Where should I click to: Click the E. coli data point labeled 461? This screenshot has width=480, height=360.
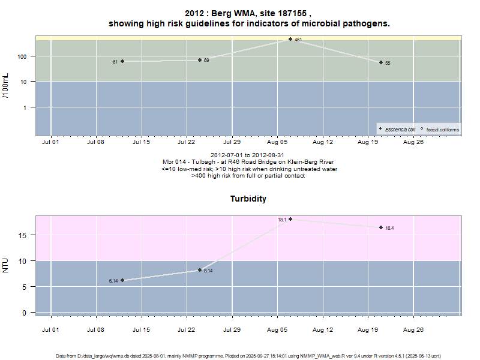click(x=290, y=39)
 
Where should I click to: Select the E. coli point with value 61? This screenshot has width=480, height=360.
click(x=122, y=61)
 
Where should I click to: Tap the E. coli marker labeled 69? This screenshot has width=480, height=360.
click(x=200, y=60)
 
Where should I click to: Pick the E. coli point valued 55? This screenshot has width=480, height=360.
click(x=381, y=62)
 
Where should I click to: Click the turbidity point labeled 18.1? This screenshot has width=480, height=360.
click(x=290, y=219)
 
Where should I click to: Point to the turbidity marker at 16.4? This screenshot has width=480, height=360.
click(x=381, y=227)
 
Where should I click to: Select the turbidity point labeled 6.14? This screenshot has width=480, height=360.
click(x=122, y=280)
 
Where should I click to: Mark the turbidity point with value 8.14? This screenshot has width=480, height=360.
click(x=200, y=270)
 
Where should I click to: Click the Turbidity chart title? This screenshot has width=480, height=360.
click(x=248, y=199)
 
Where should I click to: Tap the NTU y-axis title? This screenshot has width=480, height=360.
click(x=6, y=265)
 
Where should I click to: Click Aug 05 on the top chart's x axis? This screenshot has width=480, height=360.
click(x=278, y=142)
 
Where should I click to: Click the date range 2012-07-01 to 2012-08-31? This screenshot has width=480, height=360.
click(x=248, y=155)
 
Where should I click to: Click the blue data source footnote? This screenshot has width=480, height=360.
click(x=248, y=356)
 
